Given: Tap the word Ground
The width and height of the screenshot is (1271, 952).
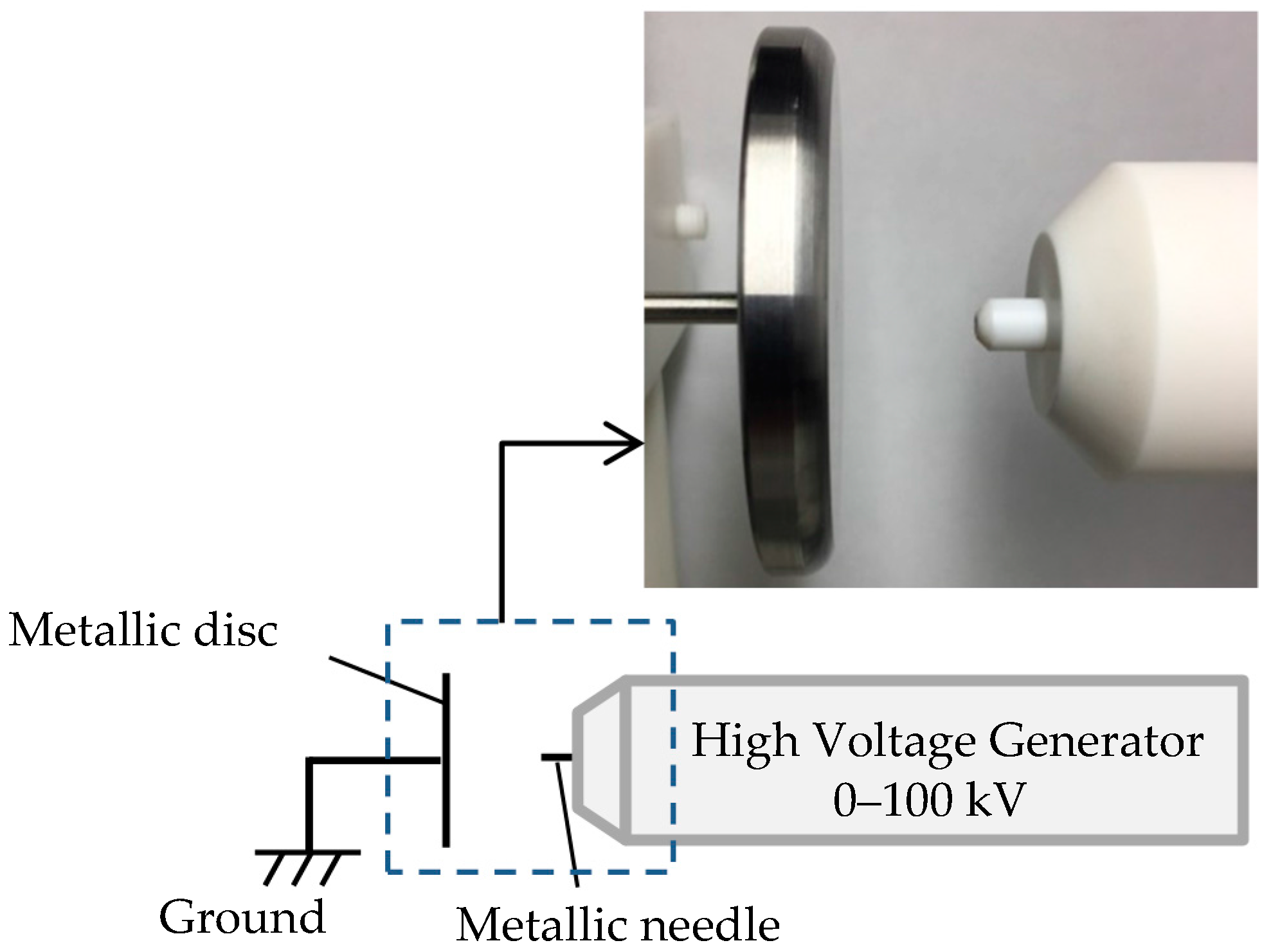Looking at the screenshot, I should point(242,917).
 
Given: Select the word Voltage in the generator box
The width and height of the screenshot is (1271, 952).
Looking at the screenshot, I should point(894,741).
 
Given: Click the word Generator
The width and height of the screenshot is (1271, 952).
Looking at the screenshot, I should point(1095,741).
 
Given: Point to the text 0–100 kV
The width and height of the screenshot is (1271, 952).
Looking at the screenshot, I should point(928,800).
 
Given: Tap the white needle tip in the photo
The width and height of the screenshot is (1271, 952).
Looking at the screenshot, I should point(1009,323).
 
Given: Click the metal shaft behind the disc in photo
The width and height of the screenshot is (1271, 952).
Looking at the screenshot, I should point(691,307).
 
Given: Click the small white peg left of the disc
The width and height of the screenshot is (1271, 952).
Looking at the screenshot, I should point(689,219).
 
